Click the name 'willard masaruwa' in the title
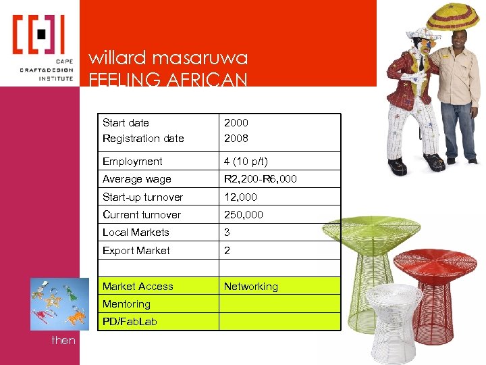click(x=169, y=58)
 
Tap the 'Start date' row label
click(x=126, y=123)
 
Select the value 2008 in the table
click(x=236, y=139)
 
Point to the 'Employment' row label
click(x=132, y=162)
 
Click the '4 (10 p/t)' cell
click(x=246, y=162)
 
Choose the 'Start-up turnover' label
click(x=142, y=197)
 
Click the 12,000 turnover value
click(x=241, y=197)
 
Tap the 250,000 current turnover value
click(x=244, y=215)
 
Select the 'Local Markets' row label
click(x=136, y=233)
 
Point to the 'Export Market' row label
click(x=136, y=251)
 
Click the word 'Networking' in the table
click(x=250, y=287)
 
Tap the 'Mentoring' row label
click(x=126, y=304)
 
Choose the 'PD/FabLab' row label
click(x=130, y=322)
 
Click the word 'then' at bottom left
click(x=63, y=341)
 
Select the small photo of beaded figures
click(x=59, y=303)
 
